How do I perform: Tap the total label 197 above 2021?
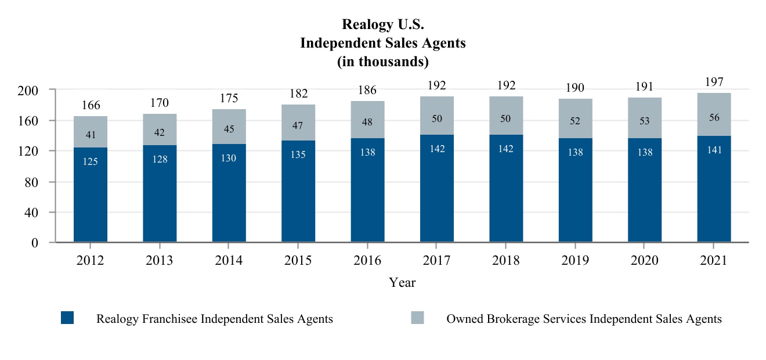tap(714, 81)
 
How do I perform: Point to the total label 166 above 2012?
tap(91, 105)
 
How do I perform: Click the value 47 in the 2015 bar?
tap(298, 125)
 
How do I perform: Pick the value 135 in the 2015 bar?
tap(298, 154)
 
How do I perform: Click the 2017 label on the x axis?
tap(437, 261)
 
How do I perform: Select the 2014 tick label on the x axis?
tap(229, 261)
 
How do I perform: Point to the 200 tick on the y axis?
tap(28, 91)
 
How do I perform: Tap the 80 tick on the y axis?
tap(31, 182)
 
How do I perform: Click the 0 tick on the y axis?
tap(34, 243)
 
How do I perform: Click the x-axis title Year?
tap(402, 283)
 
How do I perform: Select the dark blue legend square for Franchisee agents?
tap(67, 318)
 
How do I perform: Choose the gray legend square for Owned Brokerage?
tap(417, 318)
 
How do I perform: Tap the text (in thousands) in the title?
tap(383, 61)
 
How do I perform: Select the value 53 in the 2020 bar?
tap(645, 121)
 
